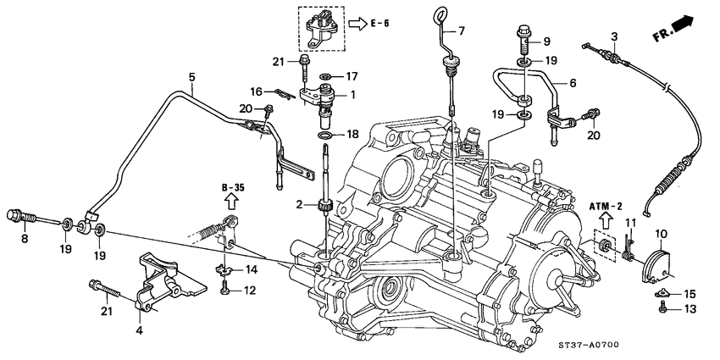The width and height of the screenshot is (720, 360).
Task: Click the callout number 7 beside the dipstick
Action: (x=462, y=31)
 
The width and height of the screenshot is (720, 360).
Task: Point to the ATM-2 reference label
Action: (x=606, y=206)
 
